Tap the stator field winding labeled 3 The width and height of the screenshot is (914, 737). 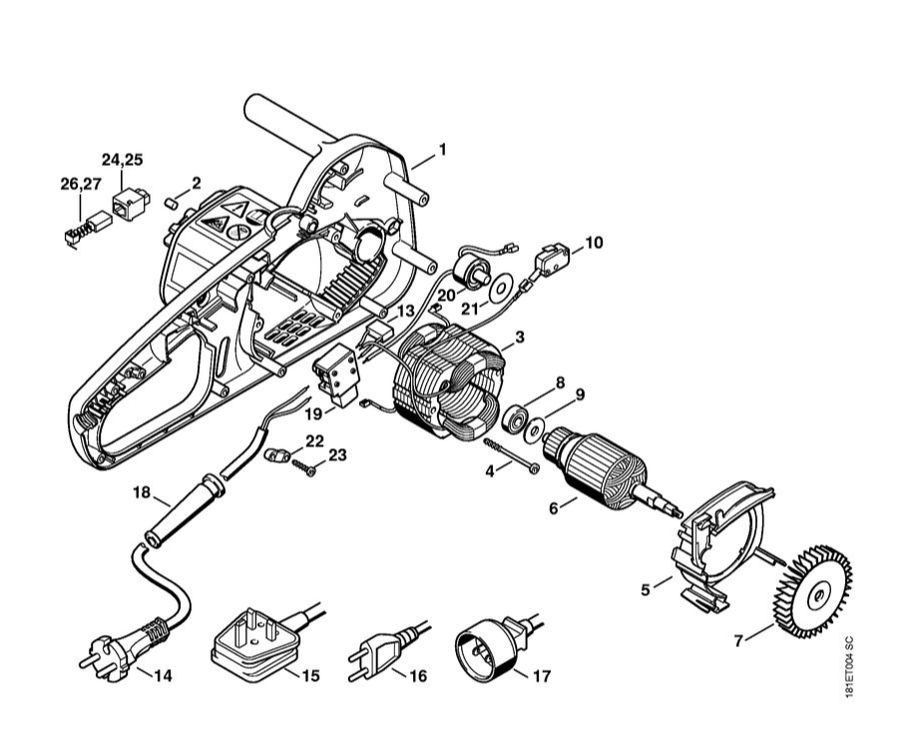coord(449,384)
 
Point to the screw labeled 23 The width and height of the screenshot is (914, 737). coord(309,464)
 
